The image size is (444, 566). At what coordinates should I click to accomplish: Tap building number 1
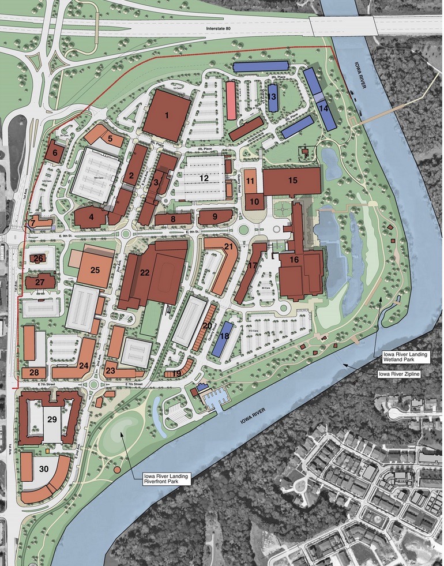(167, 115)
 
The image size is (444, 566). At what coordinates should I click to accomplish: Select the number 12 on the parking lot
(204, 178)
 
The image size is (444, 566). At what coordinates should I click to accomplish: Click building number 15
(292, 181)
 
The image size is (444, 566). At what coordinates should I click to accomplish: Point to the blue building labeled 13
(272, 98)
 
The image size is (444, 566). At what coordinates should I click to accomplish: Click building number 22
(145, 273)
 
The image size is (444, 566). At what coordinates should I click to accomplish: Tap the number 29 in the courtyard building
(51, 418)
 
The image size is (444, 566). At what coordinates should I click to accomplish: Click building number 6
(55, 153)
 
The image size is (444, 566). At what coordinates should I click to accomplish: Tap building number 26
(39, 258)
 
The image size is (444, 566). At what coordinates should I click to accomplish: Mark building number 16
(294, 260)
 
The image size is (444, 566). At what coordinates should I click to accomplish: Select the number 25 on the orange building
(95, 269)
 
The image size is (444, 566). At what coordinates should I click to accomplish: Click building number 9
(215, 217)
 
